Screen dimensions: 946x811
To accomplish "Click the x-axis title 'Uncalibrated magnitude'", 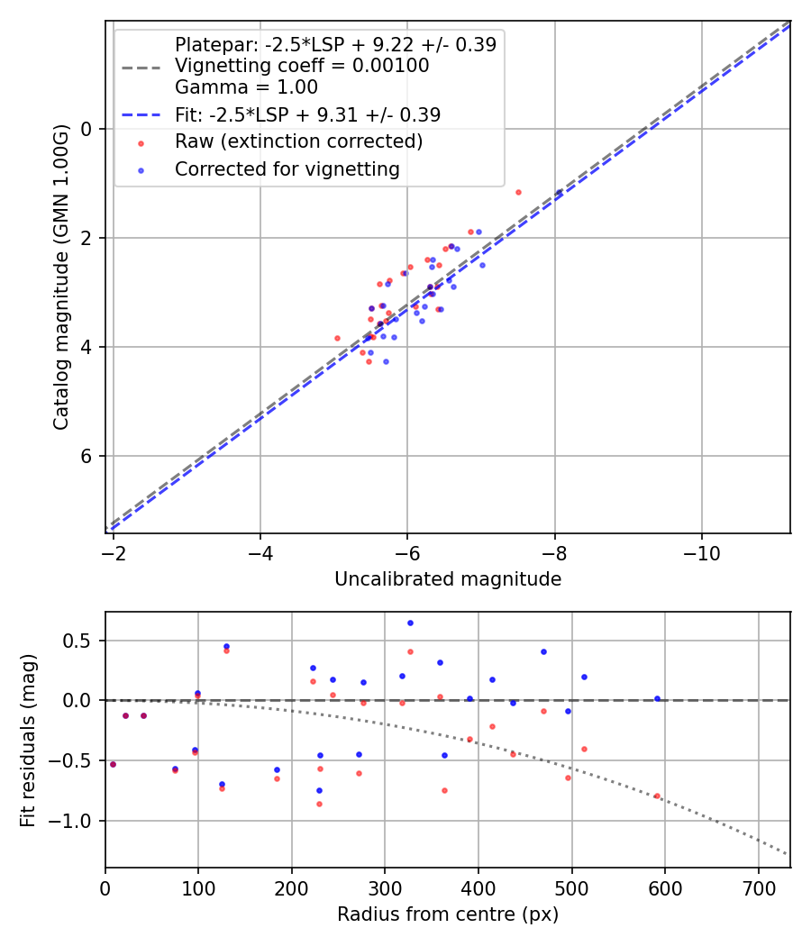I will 448,579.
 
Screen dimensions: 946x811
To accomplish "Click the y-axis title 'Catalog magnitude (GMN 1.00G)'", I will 60,277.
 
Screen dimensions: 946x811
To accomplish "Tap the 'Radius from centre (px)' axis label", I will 448,914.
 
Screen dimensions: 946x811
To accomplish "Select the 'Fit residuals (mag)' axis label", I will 28,741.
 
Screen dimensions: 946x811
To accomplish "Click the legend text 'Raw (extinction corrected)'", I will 298,141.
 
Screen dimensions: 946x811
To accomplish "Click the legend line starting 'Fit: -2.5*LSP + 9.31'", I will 307,114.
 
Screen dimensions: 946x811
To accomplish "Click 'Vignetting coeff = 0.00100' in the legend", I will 302,66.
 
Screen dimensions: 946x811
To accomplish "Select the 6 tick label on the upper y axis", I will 87,456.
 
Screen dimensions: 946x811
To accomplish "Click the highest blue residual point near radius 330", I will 410,623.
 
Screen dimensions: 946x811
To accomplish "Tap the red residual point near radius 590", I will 657,796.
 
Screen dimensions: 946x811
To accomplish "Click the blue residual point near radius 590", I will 657,698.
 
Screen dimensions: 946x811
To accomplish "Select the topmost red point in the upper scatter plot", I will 518,192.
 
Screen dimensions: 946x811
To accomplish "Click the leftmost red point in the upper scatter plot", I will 337,338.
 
